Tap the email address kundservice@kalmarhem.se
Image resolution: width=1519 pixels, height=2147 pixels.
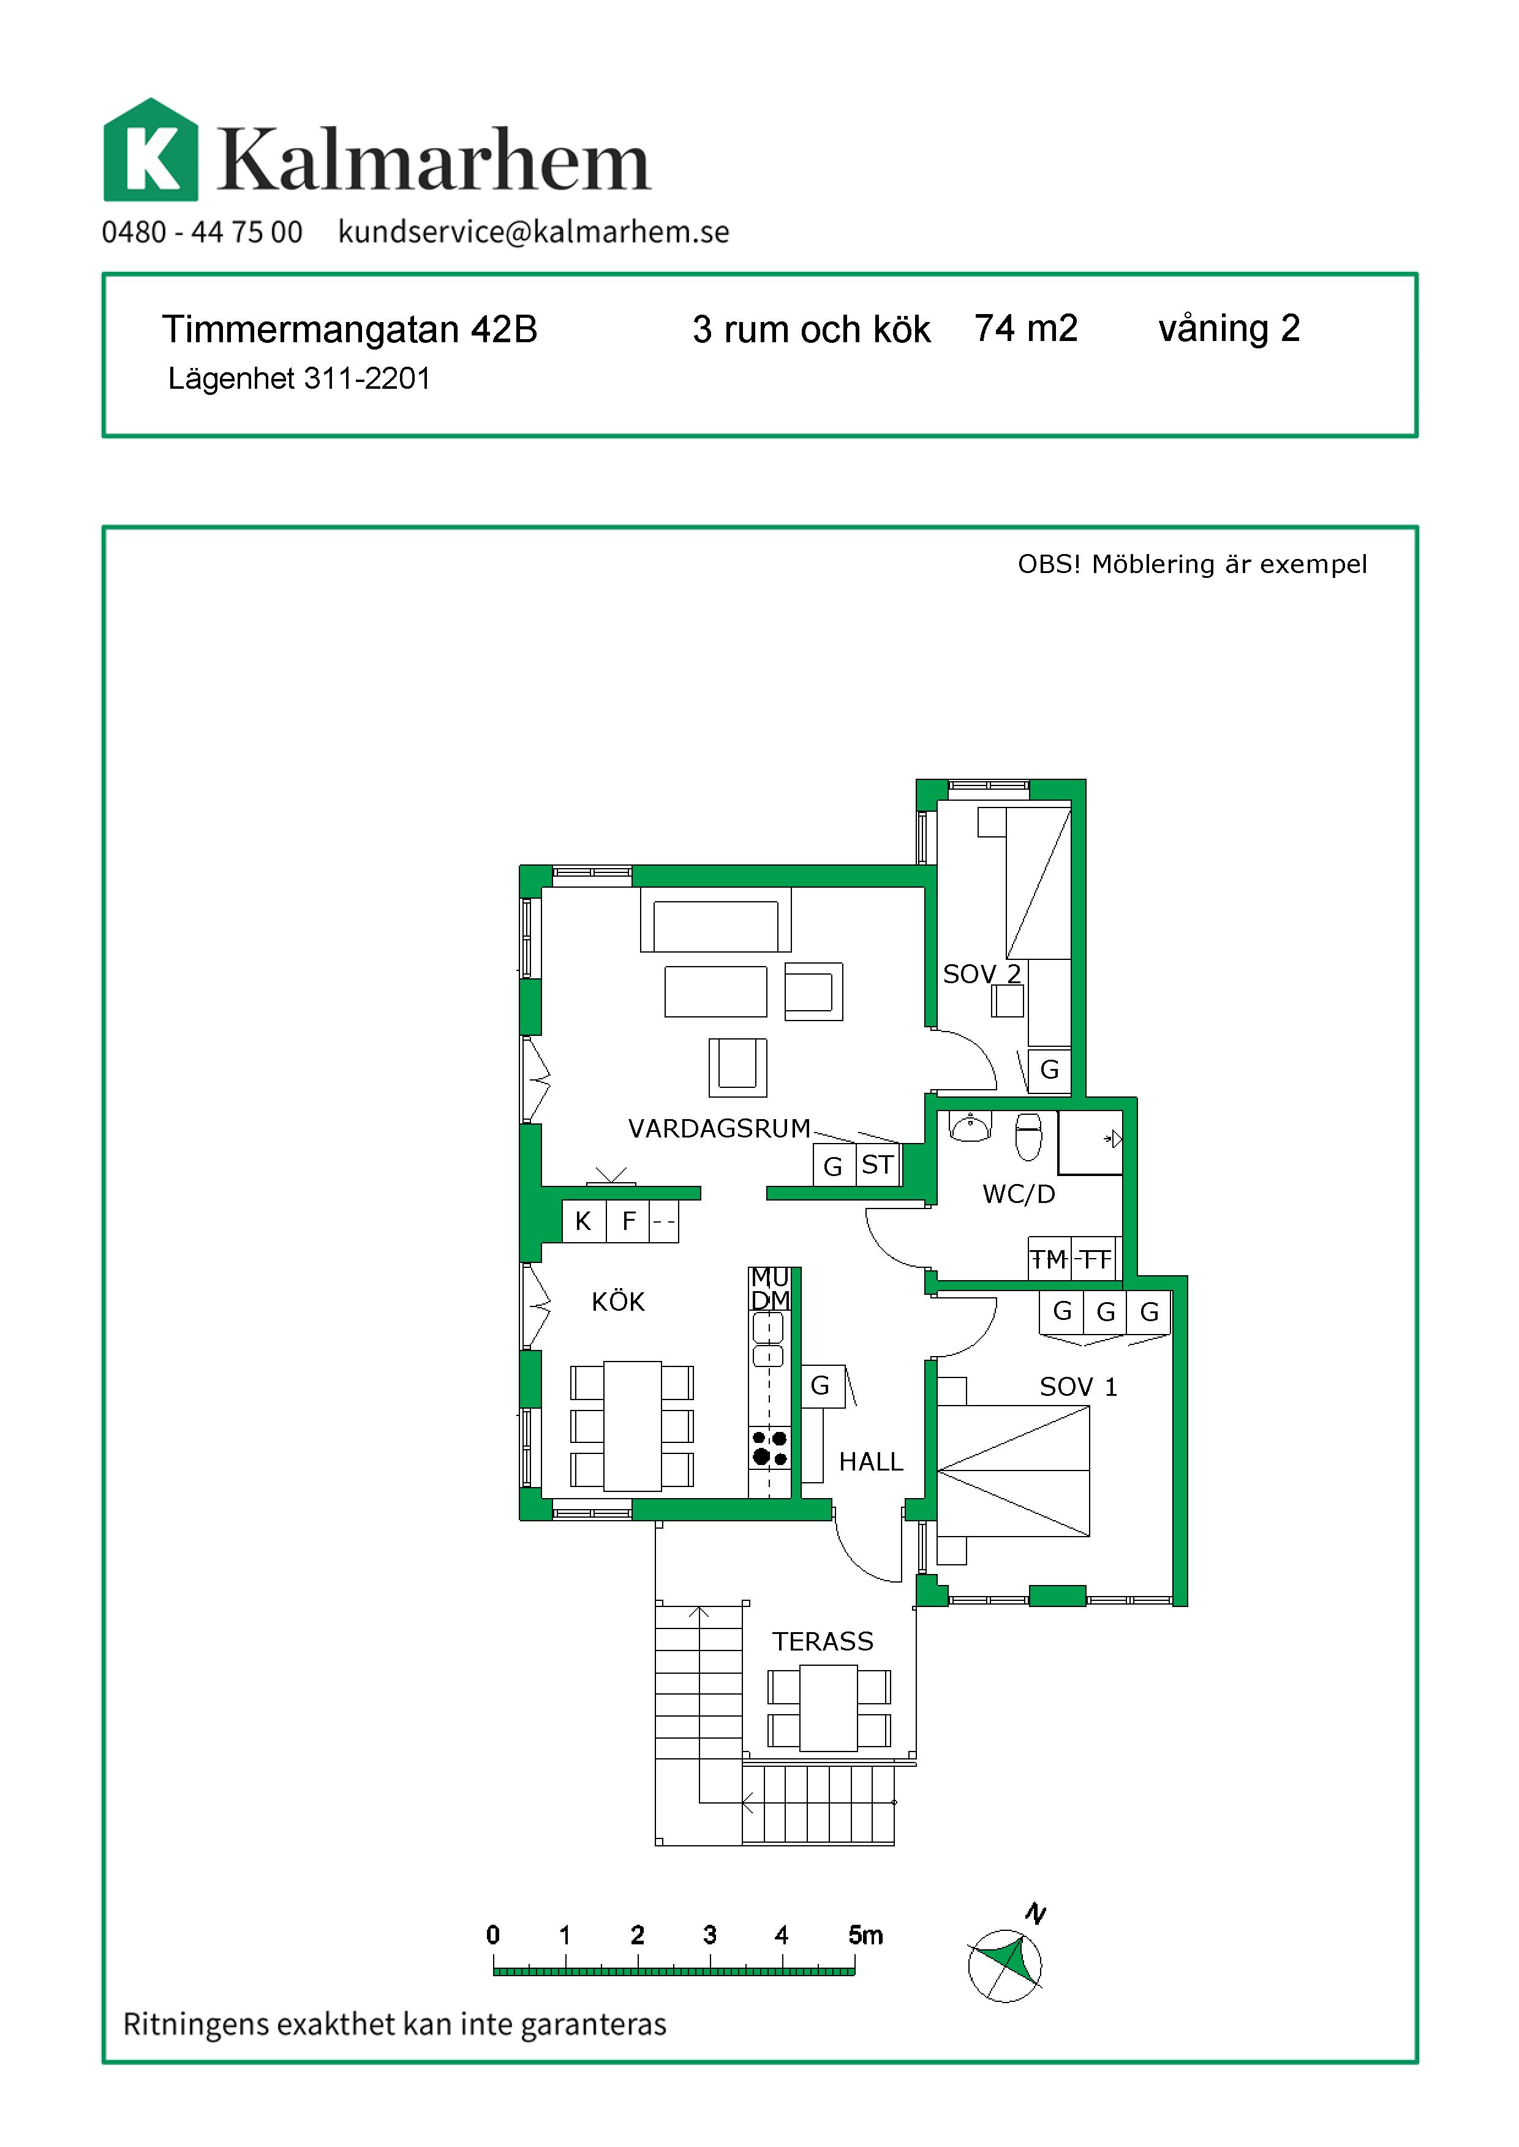[533, 232]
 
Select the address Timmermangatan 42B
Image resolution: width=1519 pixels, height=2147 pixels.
[350, 329]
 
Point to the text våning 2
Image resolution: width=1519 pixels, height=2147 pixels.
[1229, 329]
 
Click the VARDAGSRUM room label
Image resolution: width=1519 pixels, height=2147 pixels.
[719, 1129]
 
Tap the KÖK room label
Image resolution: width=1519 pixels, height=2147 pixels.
[618, 1301]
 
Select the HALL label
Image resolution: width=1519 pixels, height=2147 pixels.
[871, 1461]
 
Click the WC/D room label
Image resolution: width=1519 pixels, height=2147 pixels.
[1019, 1194]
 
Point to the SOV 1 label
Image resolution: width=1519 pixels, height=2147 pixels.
[1079, 1387]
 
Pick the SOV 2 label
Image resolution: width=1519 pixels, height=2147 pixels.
[981, 975]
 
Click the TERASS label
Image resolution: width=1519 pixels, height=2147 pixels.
[822, 1641]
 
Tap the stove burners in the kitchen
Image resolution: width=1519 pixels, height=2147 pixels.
[770, 1448]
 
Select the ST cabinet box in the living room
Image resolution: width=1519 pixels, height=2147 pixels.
[877, 1165]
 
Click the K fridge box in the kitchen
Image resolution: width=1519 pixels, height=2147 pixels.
[584, 1221]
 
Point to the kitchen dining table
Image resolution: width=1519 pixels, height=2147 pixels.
[633, 1426]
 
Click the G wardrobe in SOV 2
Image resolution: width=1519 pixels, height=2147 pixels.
[1049, 1070]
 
